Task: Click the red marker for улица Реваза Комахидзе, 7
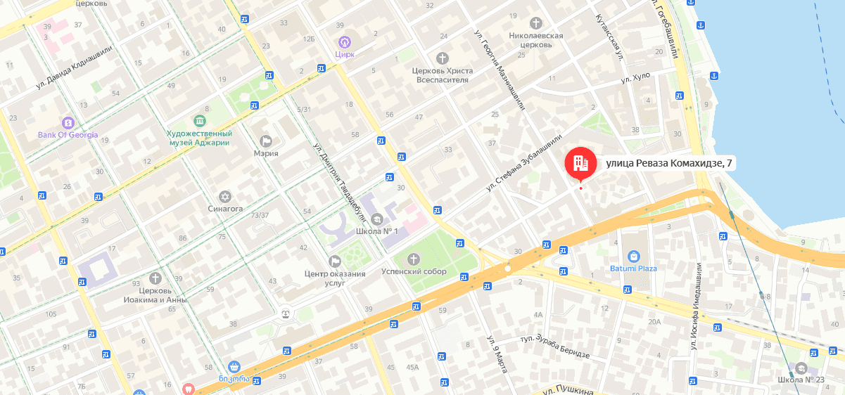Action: [580, 164]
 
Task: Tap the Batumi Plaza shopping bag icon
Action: [633, 257]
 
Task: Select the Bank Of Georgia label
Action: [68, 134]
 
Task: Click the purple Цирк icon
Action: [344, 42]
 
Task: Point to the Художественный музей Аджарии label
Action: [199, 138]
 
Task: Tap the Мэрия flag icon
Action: [266, 141]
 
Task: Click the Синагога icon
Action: [225, 196]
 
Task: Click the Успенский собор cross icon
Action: [413, 259]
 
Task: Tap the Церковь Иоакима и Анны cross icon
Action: [155, 278]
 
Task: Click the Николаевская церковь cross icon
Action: [536, 22]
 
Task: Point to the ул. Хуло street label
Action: [635, 77]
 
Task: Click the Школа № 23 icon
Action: [801, 368]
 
